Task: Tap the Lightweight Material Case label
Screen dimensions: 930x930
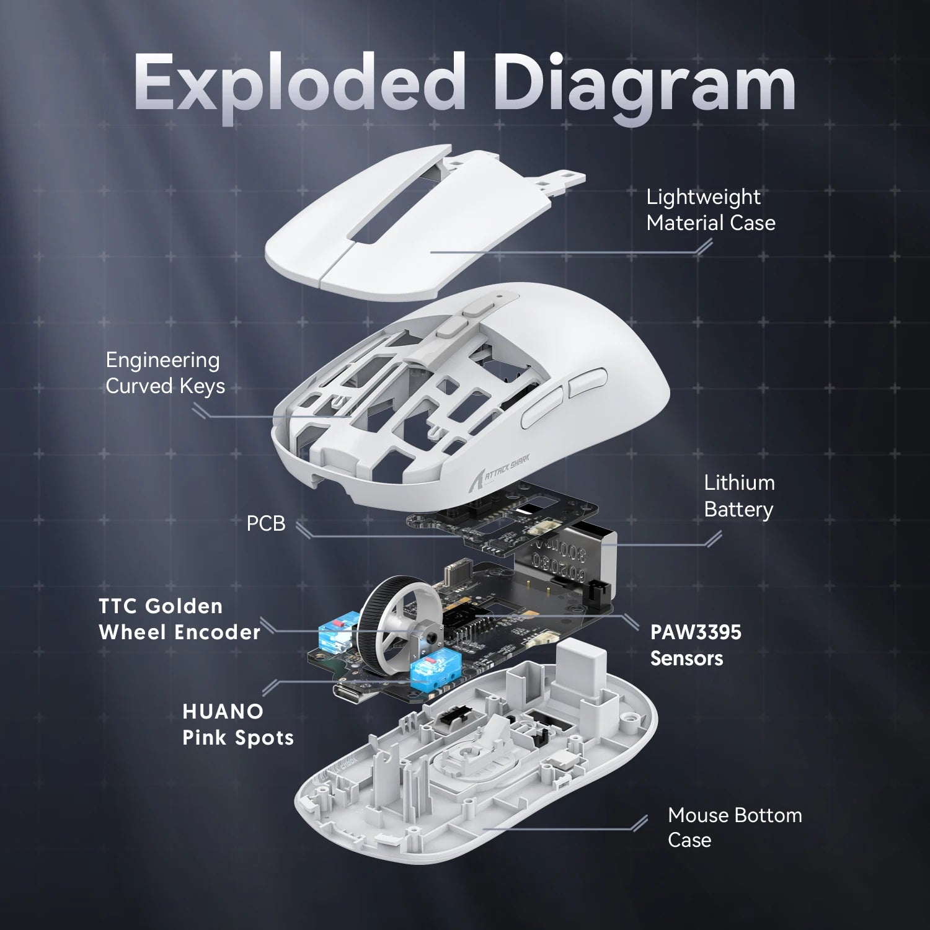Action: click(x=711, y=210)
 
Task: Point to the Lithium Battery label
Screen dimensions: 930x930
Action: click(x=739, y=496)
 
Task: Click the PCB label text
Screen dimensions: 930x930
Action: click(x=266, y=523)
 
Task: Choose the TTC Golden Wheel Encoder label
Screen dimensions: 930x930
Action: click(x=179, y=619)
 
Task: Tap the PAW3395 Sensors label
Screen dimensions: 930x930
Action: click(x=695, y=645)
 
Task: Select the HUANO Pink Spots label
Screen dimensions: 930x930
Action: click(x=237, y=724)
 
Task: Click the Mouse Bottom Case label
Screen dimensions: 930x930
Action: click(x=734, y=827)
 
